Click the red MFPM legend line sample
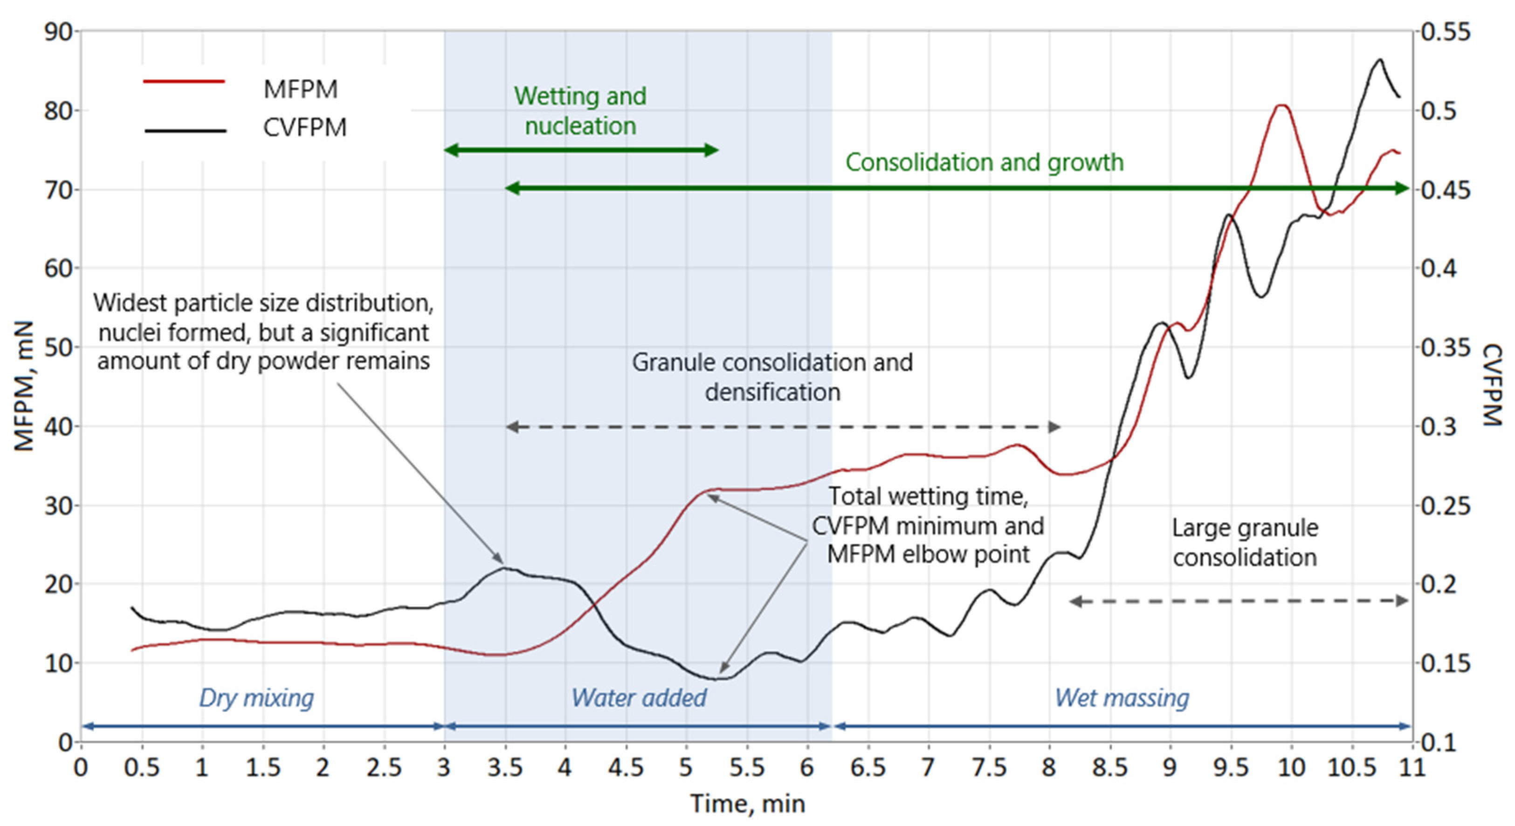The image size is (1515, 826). click(184, 81)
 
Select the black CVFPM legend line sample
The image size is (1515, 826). click(185, 130)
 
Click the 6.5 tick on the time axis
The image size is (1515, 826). click(868, 768)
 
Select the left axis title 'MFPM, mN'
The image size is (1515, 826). click(24, 386)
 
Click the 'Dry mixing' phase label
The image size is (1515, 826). click(256, 698)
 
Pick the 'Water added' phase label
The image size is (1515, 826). click(639, 698)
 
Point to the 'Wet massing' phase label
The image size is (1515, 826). click(1122, 698)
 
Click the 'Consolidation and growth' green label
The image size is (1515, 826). click(984, 162)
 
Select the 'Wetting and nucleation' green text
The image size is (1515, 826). click(580, 111)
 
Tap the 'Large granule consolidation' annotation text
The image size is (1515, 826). click(1245, 543)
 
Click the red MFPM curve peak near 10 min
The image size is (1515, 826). click(1282, 105)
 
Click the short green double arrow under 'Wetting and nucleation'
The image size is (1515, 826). click(581, 150)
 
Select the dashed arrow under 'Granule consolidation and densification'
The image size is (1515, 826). click(782, 427)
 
